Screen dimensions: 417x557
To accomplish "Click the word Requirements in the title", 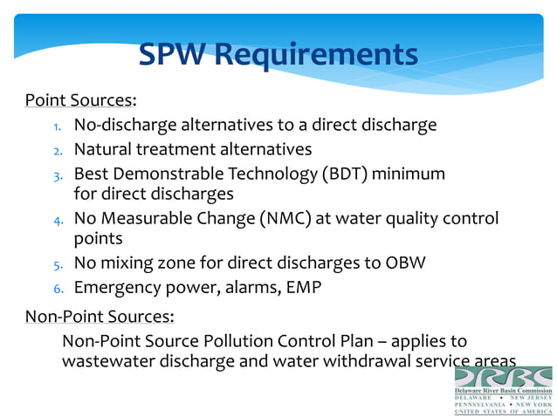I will coord(316,56).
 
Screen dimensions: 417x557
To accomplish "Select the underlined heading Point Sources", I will coord(78,99).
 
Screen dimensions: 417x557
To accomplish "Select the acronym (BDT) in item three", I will coord(345,174).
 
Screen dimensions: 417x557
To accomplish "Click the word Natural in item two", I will coord(105,150).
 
